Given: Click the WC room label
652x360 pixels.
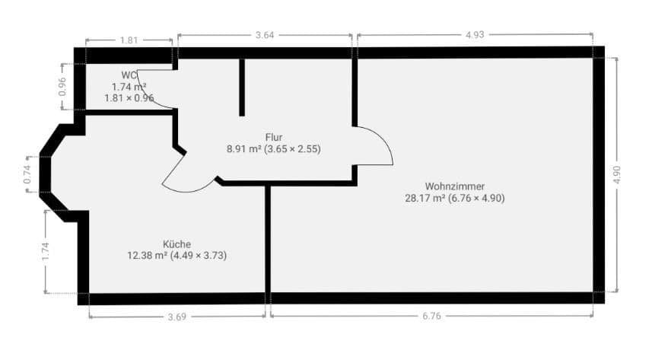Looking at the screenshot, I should click(128, 75).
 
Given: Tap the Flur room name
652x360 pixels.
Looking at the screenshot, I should click(274, 137).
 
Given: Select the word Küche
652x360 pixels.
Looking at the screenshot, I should click(177, 244).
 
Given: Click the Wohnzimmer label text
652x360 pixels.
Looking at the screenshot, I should click(455, 186).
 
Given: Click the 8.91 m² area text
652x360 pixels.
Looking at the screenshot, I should click(244, 149).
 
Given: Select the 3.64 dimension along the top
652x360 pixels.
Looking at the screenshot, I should click(265, 35).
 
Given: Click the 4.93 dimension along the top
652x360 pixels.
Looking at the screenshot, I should click(475, 35).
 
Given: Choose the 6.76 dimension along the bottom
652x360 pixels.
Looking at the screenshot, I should click(431, 316).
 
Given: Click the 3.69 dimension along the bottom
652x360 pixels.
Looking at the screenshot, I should click(177, 316).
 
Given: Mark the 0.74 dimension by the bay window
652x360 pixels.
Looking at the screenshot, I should click(27, 175).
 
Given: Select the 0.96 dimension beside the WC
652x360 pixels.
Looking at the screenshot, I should click(62, 87).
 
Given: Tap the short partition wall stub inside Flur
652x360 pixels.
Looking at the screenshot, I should click(242, 87).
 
